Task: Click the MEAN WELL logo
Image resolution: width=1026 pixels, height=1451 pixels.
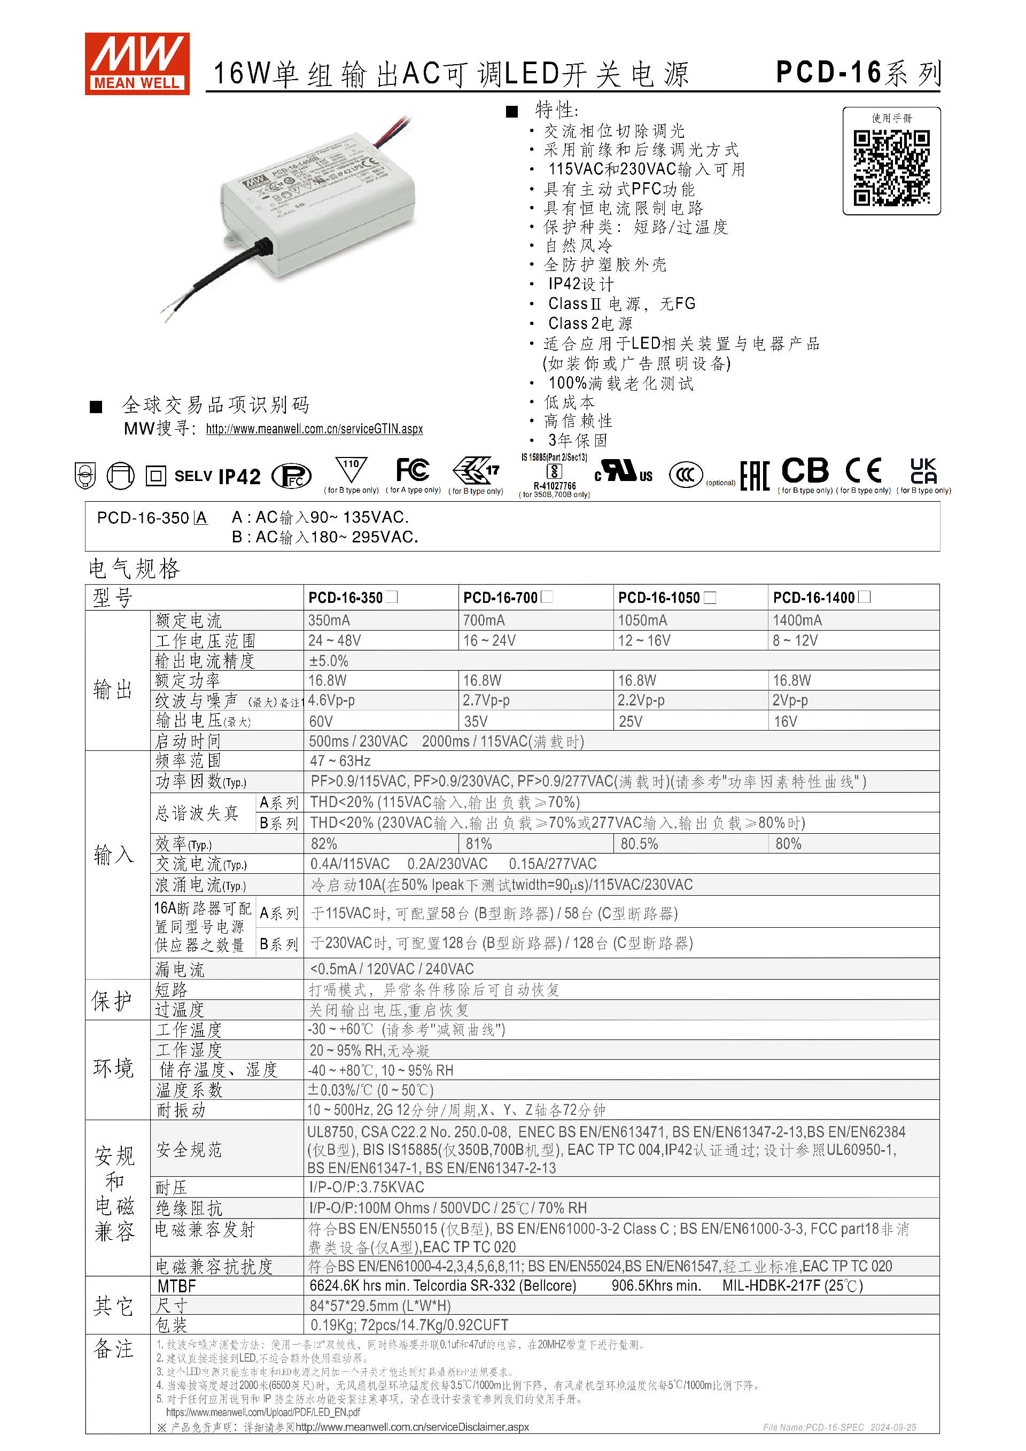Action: pyautogui.click(x=137, y=64)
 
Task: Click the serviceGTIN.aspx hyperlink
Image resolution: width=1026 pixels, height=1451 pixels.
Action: pyautogui.click(x=314, y=429)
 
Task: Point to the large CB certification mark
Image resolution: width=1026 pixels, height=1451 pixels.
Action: pyautogui.click(x=804, y=471)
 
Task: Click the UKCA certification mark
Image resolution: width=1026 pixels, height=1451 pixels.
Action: pyautogui.click(x=923, y=471)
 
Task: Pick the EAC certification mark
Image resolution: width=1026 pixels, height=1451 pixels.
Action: pyautogui.click(x=755, y=475)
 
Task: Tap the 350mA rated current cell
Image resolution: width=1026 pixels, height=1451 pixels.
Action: pyautogui.click(x=329, y=620)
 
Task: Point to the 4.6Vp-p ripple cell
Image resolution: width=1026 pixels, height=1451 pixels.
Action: pyautogui.click(x=332, y=700)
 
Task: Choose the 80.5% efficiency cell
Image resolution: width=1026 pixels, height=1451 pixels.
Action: pyautogui.click(x=639, y=844)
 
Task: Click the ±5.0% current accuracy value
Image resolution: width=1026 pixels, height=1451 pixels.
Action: pyautogui.click(x=329, y=661)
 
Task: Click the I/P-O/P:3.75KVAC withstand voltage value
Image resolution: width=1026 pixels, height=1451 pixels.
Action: pyautogui.click(x=367, y=1188)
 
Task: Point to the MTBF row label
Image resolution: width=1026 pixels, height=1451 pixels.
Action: pyautogui.click(x=177, y=1286)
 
